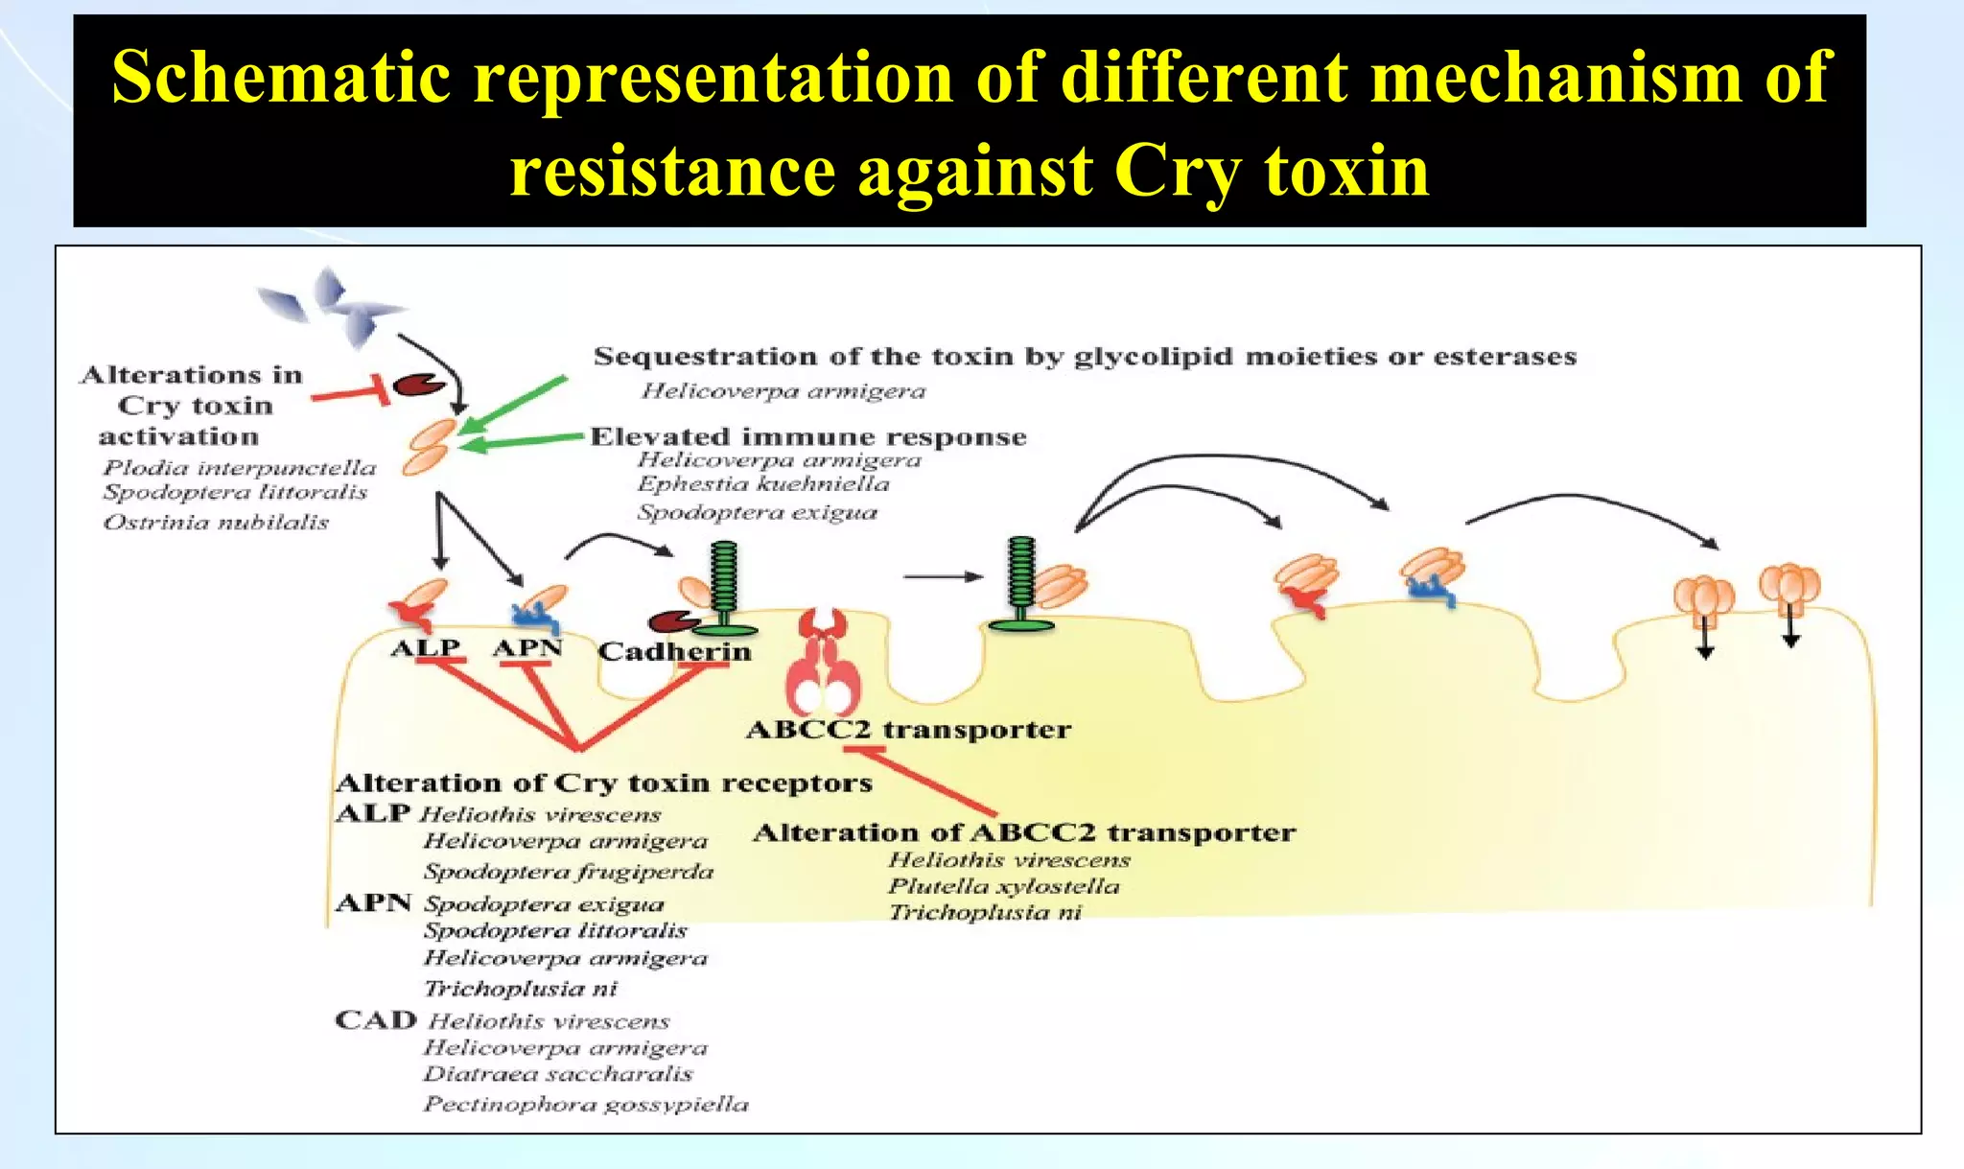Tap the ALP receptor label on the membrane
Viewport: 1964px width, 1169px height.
pos(425,647)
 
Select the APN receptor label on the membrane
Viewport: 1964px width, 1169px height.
pos(526,648)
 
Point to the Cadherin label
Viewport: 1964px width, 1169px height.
pos(674,652)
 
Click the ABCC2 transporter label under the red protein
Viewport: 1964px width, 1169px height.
pos(907,730)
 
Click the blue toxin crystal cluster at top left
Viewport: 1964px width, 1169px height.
pos(331,304)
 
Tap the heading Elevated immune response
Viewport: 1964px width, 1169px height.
pos(807,437)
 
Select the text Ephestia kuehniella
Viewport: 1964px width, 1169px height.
pos(763,484)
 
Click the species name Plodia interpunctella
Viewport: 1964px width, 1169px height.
pos(240,468)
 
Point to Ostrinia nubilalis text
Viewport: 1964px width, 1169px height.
pos(216,523)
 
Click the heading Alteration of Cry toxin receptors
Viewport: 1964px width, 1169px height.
pos(603,783)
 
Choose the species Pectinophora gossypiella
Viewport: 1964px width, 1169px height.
pos(586,1105)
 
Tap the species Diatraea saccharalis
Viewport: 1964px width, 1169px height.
pos(557,1074)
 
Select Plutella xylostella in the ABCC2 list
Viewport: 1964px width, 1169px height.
pos(1003,886)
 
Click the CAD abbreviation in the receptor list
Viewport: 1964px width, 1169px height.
pos(375,1020)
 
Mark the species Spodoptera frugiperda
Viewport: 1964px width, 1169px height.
pos(569,872)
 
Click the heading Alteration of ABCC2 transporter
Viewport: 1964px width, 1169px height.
pos(1023,832)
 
